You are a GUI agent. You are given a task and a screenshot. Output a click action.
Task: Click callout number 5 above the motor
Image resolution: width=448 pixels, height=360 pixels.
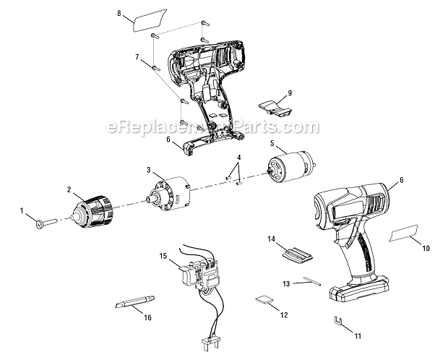tap(272, 144)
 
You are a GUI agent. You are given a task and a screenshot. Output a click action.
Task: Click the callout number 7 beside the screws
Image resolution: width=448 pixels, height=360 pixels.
tap(136, 56)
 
